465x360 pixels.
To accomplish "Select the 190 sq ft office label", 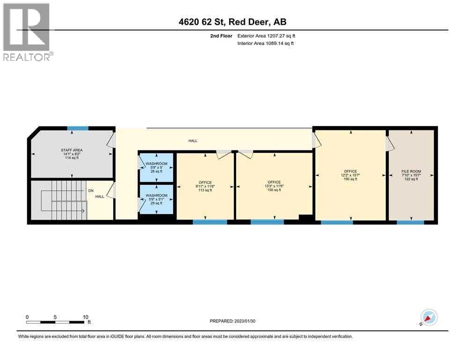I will click(350, 175).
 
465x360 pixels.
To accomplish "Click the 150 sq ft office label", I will click(274, 186).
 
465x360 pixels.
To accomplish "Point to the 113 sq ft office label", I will click(205, 186).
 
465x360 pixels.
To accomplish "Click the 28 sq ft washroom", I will click(156, 168).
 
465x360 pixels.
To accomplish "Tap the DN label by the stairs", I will click(92, 191).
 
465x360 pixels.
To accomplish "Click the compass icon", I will click(428, 317).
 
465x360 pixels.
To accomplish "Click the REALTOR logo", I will click(26, 32).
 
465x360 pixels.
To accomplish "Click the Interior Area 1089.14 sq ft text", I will click(266, 44).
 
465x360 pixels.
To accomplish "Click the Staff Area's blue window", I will click(78, 128).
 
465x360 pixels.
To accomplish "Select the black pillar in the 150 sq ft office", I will click(305, 217).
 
